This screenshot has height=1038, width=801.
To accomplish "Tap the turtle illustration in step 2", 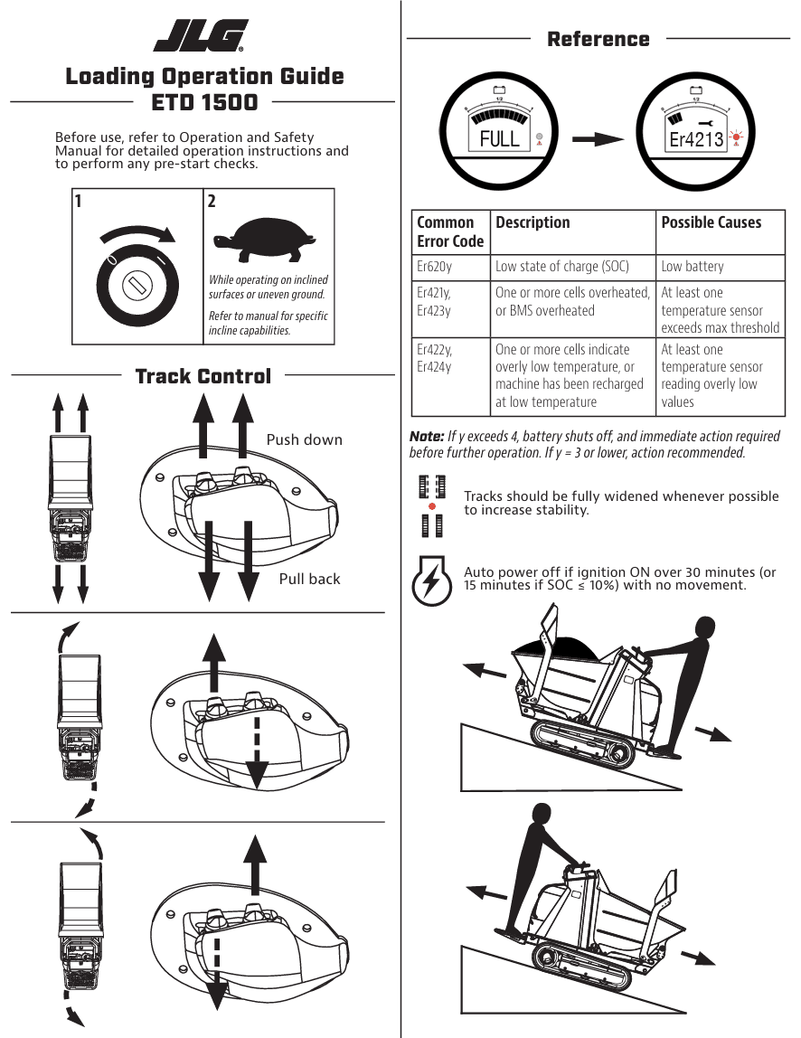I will point(265,236).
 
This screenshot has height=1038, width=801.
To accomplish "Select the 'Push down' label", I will point(304,440).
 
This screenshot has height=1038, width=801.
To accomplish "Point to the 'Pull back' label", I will point(309,579).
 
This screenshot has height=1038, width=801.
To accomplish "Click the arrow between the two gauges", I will point(598,139).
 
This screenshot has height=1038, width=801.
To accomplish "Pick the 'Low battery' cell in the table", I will point(692,267).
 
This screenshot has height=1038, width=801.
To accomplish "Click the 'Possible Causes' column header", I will point(711,222).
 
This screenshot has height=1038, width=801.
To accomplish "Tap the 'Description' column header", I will point(532,222).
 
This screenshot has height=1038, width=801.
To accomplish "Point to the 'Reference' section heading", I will point(598,39).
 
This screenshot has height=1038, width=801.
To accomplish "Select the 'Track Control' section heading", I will point(203,376).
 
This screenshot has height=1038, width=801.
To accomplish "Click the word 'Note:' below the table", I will point(427,436).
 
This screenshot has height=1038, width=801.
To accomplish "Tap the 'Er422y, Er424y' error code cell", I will point(435,358).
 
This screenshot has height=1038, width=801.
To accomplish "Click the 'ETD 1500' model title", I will point(204,102).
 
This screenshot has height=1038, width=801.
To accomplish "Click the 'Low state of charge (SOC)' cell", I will point(561,267).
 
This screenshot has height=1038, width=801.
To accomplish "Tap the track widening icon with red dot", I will point(432,505).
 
